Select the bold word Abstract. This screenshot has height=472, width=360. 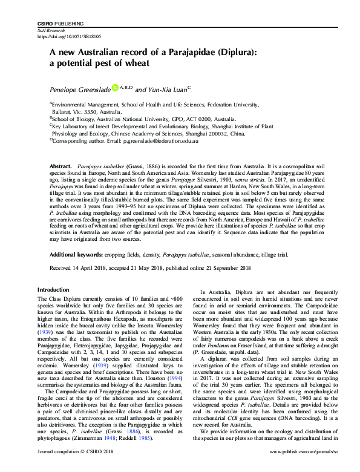pyautogui.click(x=61, y=165)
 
